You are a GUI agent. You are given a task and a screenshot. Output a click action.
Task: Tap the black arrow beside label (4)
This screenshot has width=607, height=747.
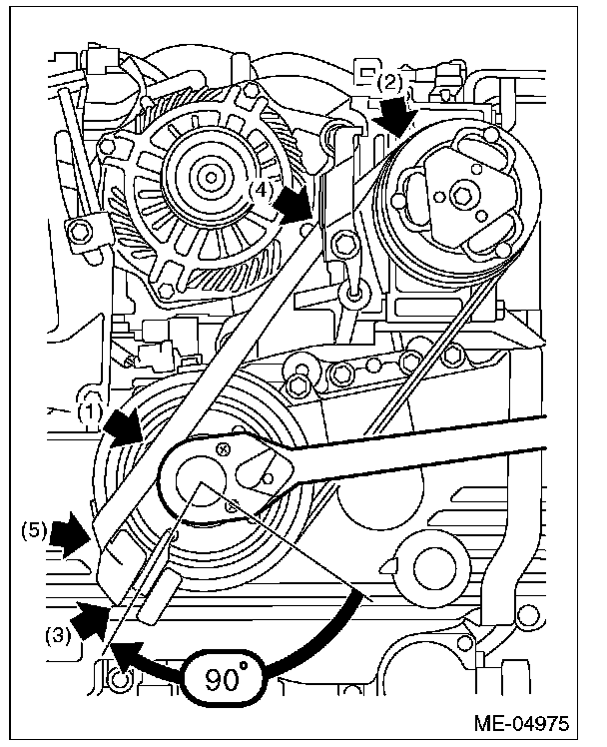(295, 206)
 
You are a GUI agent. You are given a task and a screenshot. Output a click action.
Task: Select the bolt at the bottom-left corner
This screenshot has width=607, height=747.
(120, 682)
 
